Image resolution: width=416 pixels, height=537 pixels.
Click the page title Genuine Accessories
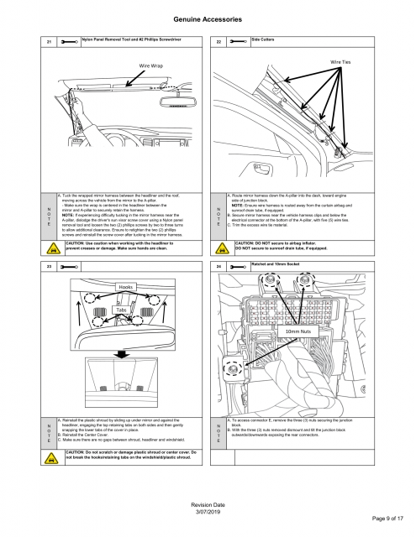(208, 17)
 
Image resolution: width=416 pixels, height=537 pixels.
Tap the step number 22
(219, 41)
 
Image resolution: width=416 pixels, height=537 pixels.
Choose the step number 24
(219, 267)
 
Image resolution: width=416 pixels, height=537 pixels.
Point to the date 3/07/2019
(208, 510)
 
